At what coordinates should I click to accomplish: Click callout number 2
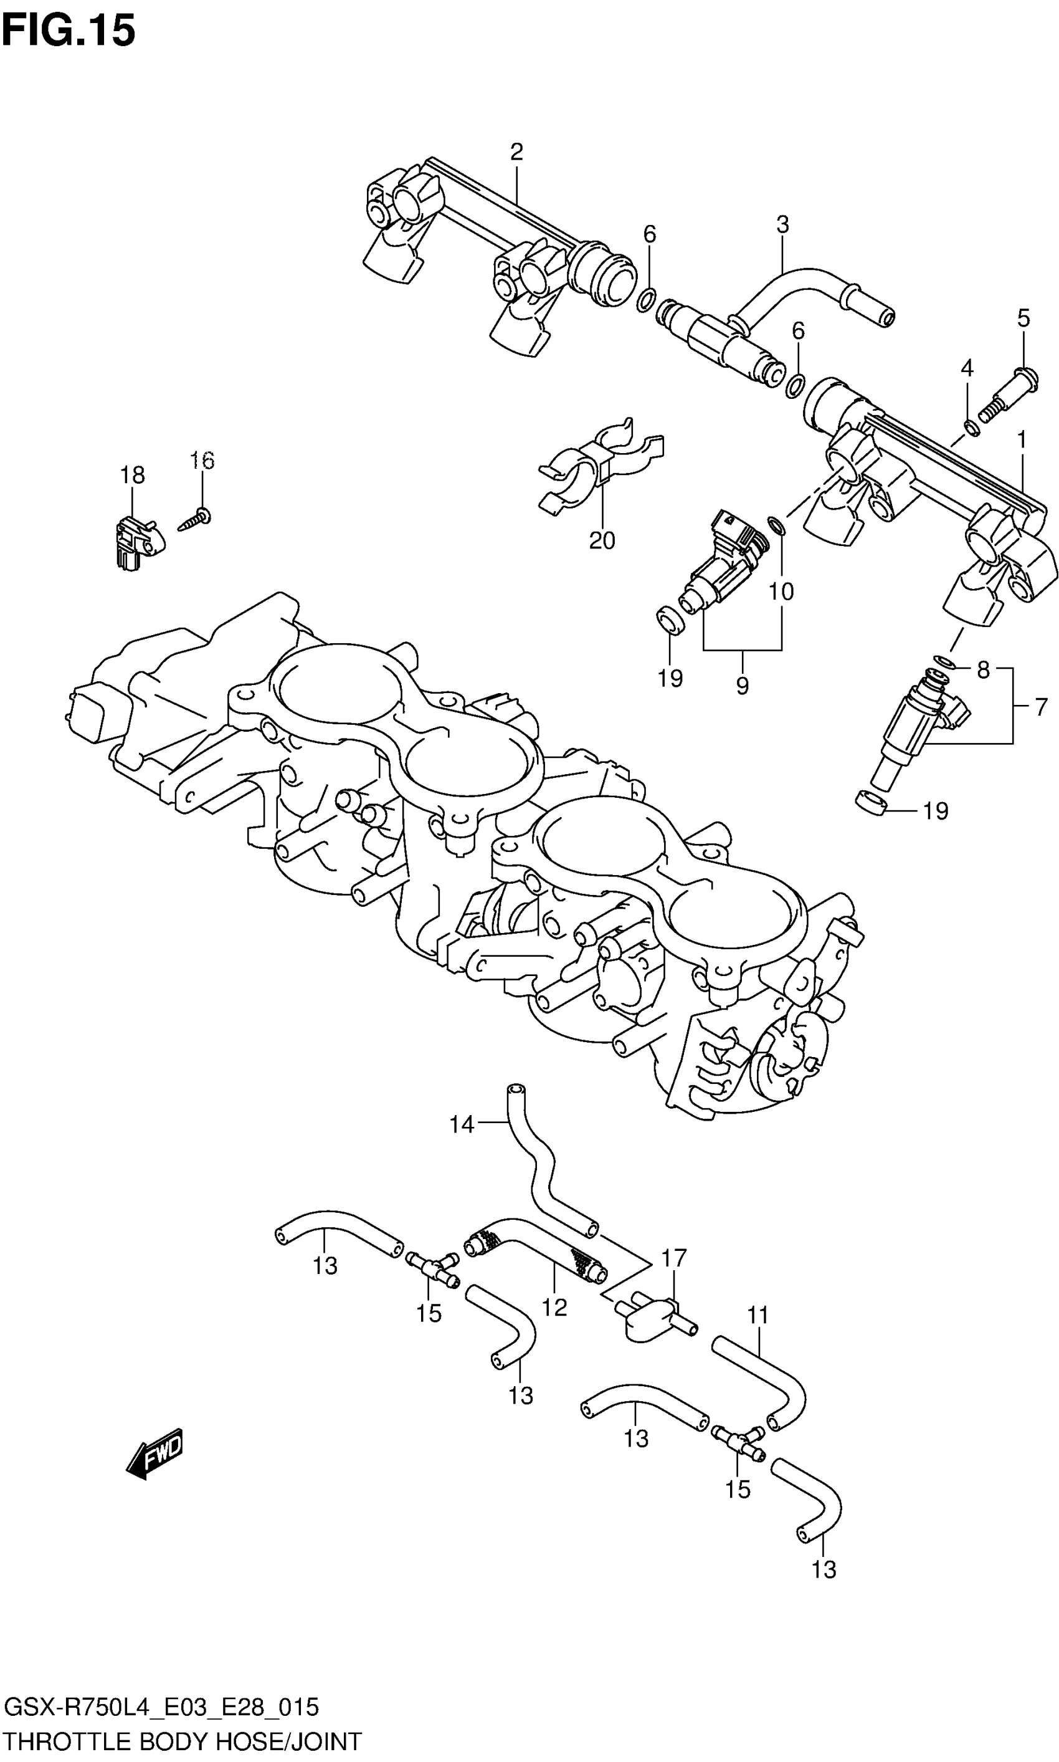(516, 151)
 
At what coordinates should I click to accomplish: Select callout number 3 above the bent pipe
(783, 224)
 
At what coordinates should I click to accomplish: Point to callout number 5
(1023, 318)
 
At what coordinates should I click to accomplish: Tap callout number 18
(133, 475)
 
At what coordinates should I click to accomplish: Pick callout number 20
(602, 540)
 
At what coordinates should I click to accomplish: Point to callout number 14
(462, 1125)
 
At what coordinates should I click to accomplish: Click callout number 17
(673, 1258)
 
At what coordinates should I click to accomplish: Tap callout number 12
(554, 1307)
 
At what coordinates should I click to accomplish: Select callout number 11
(758, 1315)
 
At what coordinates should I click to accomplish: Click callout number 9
(742, 686)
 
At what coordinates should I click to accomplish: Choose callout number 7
(1041, 707)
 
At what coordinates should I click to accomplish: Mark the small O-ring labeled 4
(971, 428)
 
